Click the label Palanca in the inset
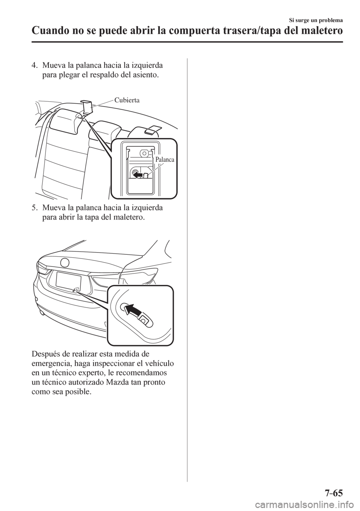(x=162, y=159)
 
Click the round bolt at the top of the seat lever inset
(x=144, y=152)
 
